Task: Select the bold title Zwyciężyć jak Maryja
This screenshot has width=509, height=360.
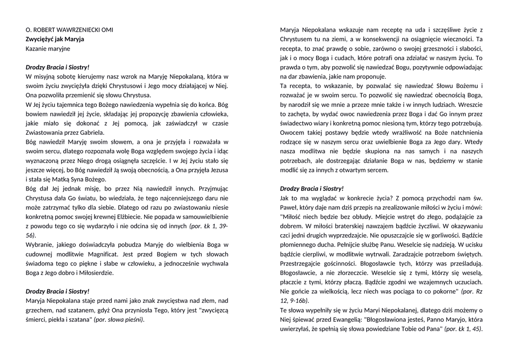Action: click(x=55, y=39)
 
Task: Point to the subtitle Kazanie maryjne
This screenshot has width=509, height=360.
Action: click(x=48, y=49)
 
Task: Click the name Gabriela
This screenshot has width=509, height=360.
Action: click(x=90, y=133)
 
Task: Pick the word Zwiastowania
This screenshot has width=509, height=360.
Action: click(x=44, y=133)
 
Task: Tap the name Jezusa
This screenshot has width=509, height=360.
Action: click(x=217, y=170)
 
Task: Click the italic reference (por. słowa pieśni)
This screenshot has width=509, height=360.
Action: click(x=119, y=320)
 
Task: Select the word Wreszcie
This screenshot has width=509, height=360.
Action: click(x=469, y=104)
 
